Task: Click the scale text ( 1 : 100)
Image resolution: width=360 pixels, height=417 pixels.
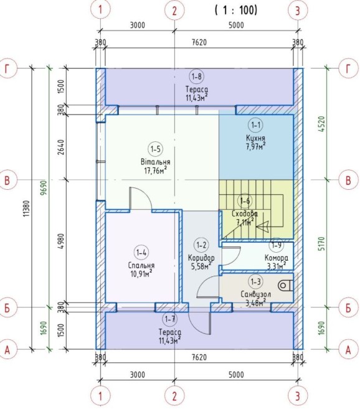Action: click(x=236, y=10)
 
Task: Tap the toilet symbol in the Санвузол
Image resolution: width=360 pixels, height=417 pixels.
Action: click(x=285, y=286)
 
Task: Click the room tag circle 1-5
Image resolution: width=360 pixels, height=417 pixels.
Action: click(x=155, y=149)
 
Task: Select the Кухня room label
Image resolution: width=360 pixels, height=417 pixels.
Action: click(x=255, y=138)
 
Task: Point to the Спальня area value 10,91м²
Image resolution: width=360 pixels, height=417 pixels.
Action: click(x=141, y=273)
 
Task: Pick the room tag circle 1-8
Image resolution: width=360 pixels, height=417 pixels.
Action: click(x=196, y=77)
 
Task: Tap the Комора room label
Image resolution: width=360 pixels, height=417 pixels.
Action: click(x=276, y=258)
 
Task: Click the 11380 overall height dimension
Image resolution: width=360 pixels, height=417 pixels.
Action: click(x=26, y=208)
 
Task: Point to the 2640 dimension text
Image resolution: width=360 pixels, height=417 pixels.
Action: click(x=61, y=148)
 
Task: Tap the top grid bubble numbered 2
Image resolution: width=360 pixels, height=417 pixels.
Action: click(x=174, y=11)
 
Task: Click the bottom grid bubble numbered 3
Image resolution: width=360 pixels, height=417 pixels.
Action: click(x=298, y=396)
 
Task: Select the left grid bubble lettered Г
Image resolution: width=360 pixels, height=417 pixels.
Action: click(x=7, y=68)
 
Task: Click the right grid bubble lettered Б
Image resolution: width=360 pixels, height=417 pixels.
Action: click(x=348, y=307)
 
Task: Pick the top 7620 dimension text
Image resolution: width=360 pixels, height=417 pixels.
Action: click(x=199, y=42)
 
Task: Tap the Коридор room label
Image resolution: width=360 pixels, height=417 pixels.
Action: click(x=201, y=258)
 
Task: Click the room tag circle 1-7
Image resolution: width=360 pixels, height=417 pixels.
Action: click(x=170, y=319)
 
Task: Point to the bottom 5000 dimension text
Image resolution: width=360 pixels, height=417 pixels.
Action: click(x=236, y=375)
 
